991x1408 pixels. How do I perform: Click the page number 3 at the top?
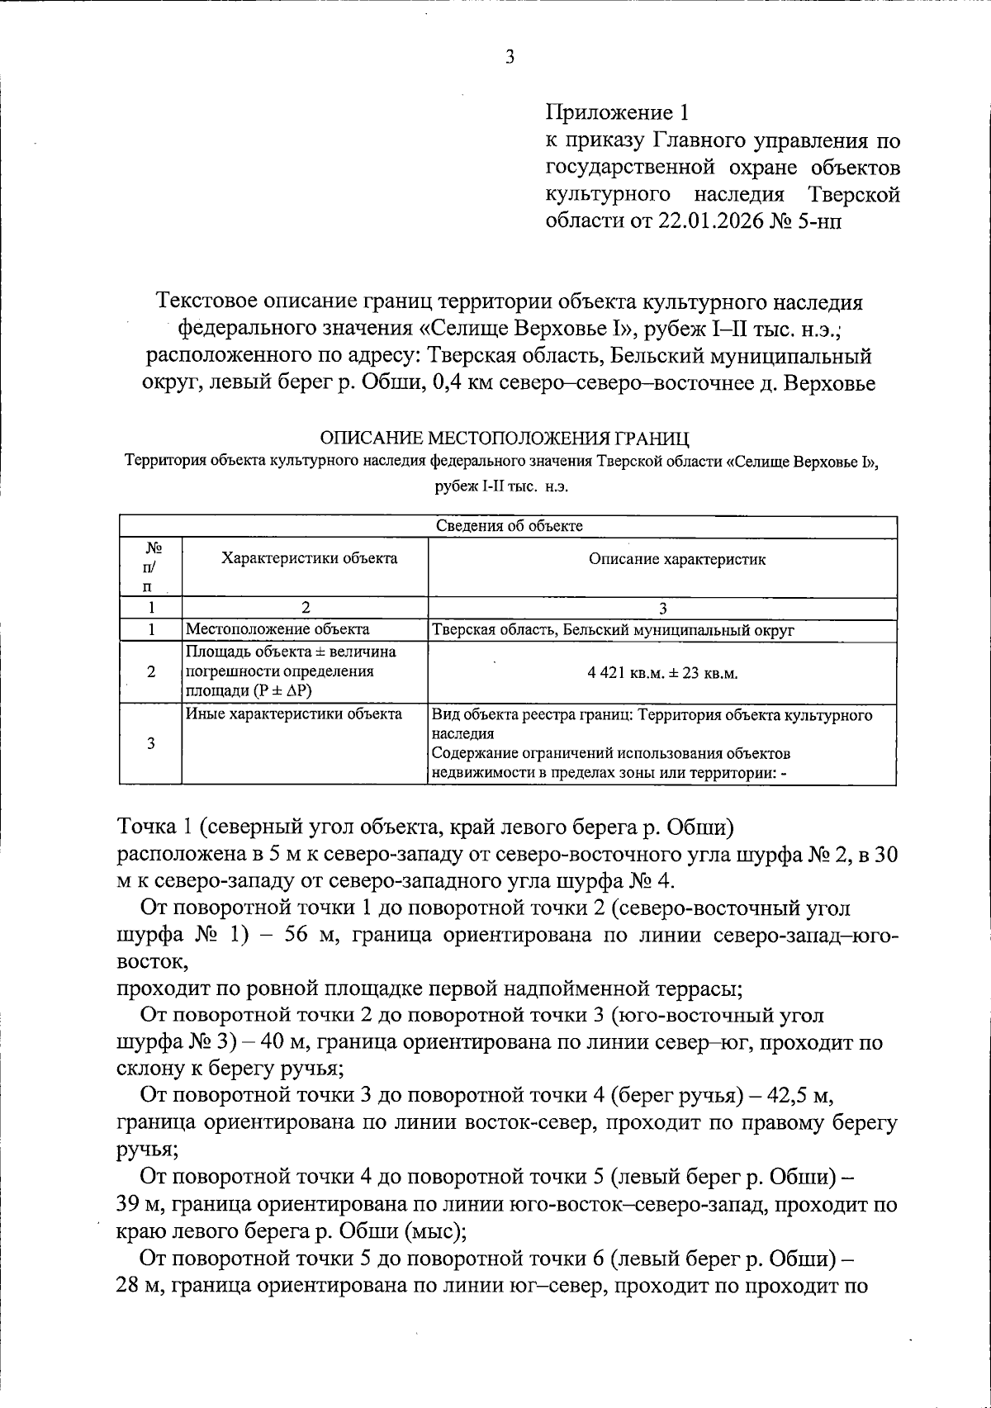click(510, 58)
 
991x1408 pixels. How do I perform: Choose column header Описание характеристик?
click(677, 560)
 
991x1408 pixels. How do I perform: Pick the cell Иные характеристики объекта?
click(293, 714)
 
